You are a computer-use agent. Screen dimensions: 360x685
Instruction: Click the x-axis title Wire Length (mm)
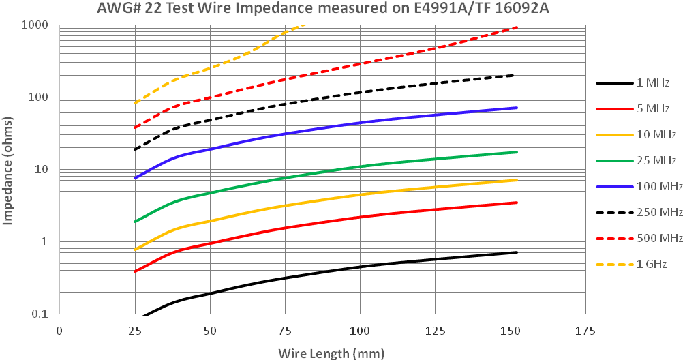pos(331,352)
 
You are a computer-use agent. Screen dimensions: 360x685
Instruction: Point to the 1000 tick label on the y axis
pos(35,25)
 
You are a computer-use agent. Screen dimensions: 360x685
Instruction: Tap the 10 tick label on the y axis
pos(40,170)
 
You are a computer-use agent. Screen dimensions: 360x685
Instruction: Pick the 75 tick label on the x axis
pos(285,331)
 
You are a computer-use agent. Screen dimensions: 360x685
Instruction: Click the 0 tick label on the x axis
pos(59,331)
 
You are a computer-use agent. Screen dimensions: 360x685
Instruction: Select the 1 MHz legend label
pos(653,83)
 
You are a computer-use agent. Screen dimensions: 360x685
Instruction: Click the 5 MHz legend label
pos(653,109)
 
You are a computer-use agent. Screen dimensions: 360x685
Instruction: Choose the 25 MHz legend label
pos(656,161)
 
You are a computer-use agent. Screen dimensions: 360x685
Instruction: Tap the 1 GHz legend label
pos(651,264)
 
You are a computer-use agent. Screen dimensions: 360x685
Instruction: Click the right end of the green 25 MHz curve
pos(517,152)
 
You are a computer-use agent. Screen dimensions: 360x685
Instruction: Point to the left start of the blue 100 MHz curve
pos(135,178)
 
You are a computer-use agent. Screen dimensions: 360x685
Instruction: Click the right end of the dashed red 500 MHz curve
pos(517,27)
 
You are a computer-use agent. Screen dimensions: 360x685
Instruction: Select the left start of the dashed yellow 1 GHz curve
pos(135,104)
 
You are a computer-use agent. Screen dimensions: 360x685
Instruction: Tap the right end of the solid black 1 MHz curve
pos(517,252)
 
